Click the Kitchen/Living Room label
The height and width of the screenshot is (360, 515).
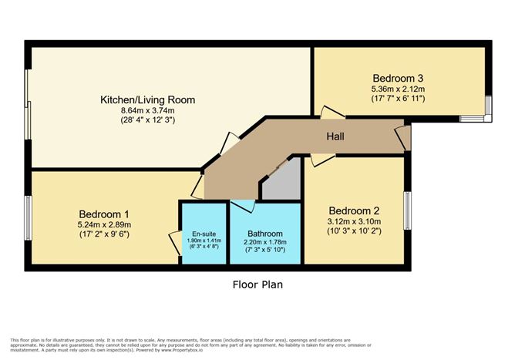147,99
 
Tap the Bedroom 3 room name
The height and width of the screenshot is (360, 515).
399,78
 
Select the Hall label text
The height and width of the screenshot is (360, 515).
335,136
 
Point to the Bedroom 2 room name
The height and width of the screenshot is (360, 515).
355,210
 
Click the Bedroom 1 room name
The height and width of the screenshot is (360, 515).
104,214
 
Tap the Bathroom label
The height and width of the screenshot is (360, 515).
264,234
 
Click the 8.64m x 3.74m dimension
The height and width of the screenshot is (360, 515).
147,110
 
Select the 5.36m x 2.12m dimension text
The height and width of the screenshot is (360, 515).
399,89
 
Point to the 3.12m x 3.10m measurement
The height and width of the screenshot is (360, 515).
355,221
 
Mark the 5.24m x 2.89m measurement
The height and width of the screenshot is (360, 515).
104,224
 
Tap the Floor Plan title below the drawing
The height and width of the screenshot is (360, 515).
257,284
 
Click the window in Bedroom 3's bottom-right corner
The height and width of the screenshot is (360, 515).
486,109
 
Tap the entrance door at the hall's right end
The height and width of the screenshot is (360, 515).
404,139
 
